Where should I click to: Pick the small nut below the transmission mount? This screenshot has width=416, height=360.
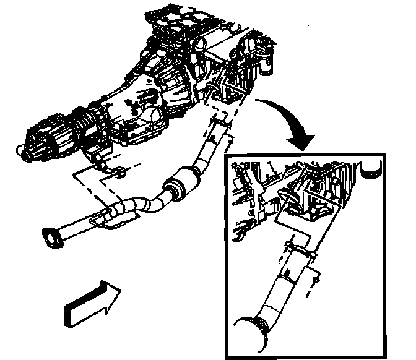119,171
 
